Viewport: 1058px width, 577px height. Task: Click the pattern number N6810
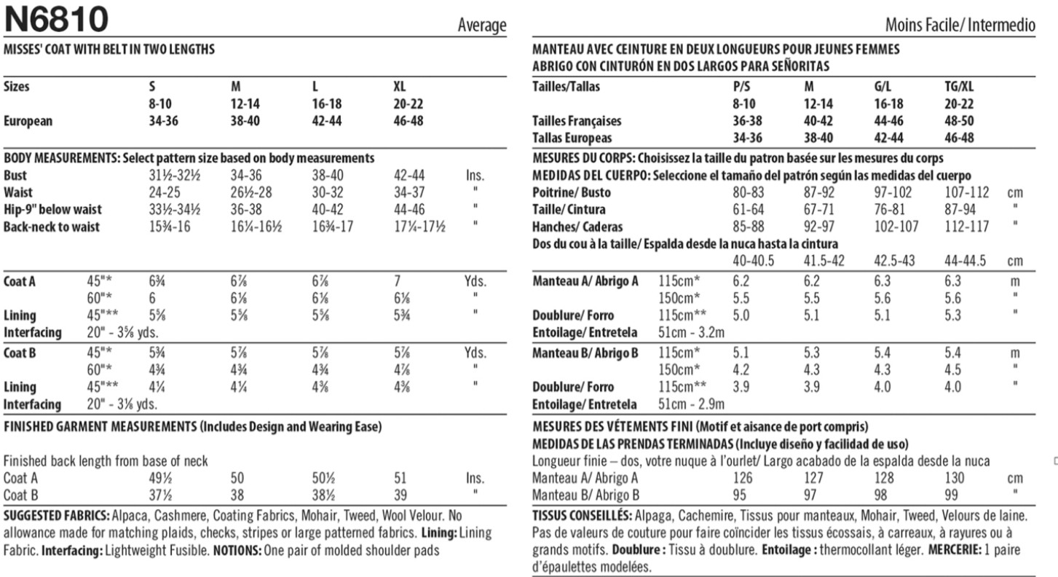click(x=56, y=19)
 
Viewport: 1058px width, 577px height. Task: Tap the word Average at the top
click(x=481, y=25)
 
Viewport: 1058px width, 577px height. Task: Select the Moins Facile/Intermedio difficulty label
click(x=960, y=25)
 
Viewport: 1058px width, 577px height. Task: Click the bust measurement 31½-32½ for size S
click(x=174, y=176)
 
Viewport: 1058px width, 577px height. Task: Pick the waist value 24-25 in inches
click(x=165, y=192)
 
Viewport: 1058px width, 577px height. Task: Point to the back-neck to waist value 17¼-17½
click(x=419, y=227)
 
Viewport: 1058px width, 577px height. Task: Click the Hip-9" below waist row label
click(x=51, y=210)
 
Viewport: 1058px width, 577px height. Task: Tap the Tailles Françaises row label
click(x=577, y=122)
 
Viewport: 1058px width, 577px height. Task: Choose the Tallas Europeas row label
click(x=572, y=138)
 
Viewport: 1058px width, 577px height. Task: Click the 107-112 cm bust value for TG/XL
click(x=966, y=193)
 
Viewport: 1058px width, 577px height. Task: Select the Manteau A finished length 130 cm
click(x=955, y=479)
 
